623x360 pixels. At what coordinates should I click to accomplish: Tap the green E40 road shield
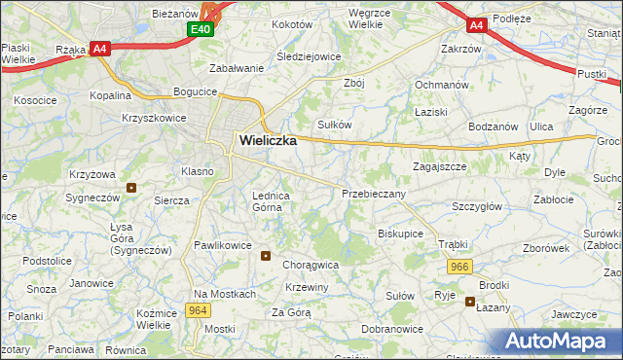click(x=200, y=30)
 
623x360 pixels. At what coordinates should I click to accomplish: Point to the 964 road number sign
click(x=198, y=310)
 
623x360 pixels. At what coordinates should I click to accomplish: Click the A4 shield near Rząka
click(x=99, y=49)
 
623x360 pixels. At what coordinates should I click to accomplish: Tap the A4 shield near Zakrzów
click(x=475, y=26)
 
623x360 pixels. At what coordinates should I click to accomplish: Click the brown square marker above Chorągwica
click(x=267, y=256)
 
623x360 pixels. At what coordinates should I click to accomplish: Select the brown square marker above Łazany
click(x=468, y=302)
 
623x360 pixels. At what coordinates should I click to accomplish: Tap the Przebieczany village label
click(x=374, y=194)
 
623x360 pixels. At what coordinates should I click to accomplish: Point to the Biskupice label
click(x=400, y=234)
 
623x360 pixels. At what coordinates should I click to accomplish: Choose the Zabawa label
click(x=238, y=68)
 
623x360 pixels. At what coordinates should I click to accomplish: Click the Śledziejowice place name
click(x=309, y=56)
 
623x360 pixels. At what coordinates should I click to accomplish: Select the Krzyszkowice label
click(x=155, y=117)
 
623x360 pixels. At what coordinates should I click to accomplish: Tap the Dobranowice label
click(x=390, y=330)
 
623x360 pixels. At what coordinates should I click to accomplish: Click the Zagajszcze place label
click(x=439, y=166)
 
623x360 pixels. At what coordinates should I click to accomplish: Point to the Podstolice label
click(x=48, y=262)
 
